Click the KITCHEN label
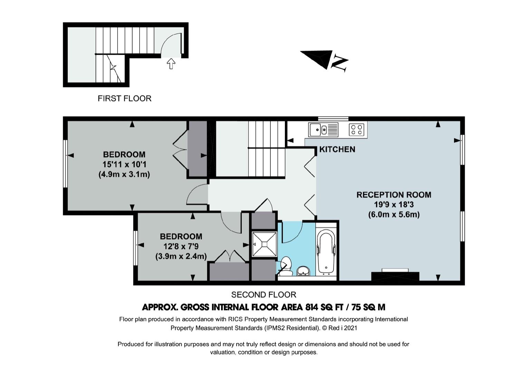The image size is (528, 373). click(337, 150)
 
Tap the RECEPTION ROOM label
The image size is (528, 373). click(394, 195)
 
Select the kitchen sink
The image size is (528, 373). click(323, 130)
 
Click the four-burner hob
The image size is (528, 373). click(356, 130)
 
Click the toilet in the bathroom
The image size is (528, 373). click(286, 266)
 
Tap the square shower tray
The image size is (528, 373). click(264, 244)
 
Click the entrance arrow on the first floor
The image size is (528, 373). click(171, 64)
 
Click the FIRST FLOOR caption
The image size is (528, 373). click(124, 98)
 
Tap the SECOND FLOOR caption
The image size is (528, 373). click(263, 295)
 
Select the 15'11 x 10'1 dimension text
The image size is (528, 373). click(124, 164)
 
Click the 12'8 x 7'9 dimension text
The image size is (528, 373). click(181, 246)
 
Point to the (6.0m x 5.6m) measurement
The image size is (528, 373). click(394, 215)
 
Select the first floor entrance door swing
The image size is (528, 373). click(171, 45)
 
